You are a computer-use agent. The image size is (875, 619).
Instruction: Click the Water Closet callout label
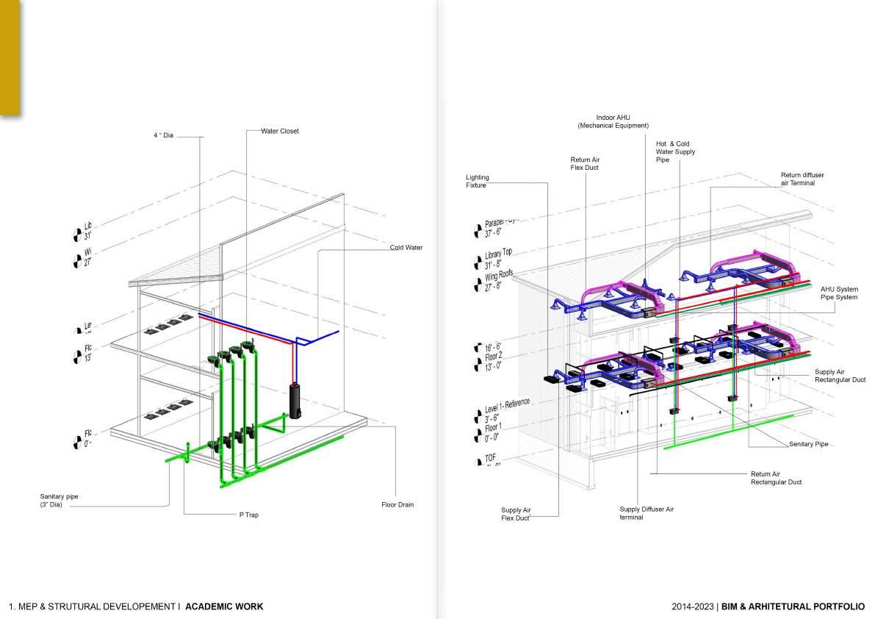pyautogui.click(x=280, y=131)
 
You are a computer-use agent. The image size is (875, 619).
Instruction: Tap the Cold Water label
pyautogui.click(x=406, y=248)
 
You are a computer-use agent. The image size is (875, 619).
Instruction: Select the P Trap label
pyautogui.click(x=248, y=515)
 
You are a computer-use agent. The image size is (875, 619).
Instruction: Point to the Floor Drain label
pyautogui.click(x=397, y=504)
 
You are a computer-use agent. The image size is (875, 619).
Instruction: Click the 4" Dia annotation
pyautogui.click(x=164, y=136)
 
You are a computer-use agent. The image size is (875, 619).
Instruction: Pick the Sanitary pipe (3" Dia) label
pyautogui.click(x=59, y=501)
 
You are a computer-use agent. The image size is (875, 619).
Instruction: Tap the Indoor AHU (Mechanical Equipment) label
pyautogui.click(x=613, y=121)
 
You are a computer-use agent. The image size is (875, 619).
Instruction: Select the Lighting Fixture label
pyautogui.click(x=477, y=182)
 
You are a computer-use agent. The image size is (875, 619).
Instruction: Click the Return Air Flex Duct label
pyautogui.click(x=585, y=163)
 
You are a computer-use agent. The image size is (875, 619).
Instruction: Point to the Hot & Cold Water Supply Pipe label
pyautogui.click(x=675, y=151)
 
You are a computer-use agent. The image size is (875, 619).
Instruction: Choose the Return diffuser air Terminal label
pyautogui.click(x=802, y=179)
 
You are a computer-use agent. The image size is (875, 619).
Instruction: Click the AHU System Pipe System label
pyautogui.click(x=839, y=293)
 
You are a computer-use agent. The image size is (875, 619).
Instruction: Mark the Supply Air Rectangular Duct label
pyautogui.click(x=840, y=376)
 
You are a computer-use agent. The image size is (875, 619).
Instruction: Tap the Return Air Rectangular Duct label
pyautogui.click(x=776, y=478)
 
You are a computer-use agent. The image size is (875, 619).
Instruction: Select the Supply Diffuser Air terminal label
pyautogui.click(x=647, y=513)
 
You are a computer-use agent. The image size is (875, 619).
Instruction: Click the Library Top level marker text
pyautogui.click(x=497, y=260)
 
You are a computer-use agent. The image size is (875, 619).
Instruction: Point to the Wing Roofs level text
pyautogui.click(x=497, y=281)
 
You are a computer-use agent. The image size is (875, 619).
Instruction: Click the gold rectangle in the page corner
pyautogui.click(x=10, y=57)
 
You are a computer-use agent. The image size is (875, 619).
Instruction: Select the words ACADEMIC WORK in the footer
pyautogui.click(x=224, y=607)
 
